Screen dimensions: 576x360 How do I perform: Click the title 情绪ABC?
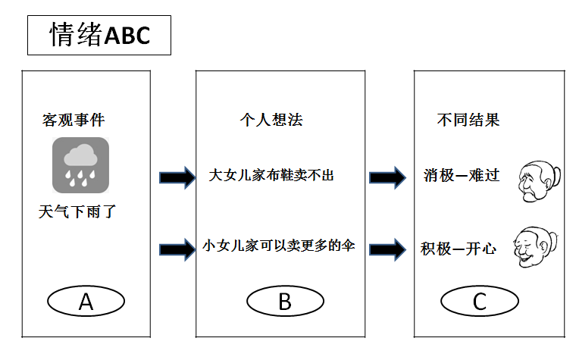point(99,35)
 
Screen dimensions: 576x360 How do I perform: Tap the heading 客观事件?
point(74,120)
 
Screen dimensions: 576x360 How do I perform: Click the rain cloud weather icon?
point(80,165)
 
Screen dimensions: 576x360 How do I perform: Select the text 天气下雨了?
point(77,211)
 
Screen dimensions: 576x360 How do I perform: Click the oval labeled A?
point(86,301)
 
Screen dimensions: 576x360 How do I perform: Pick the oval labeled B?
point(285,301)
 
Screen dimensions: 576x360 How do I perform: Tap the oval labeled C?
point(480,301)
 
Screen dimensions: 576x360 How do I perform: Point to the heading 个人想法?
point(271,120)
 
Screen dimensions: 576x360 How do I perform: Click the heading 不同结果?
point(468,120)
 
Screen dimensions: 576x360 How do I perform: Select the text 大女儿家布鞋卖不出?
point(271,175)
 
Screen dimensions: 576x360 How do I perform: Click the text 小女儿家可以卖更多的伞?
point(278,246)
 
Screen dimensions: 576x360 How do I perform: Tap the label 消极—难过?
point(462,175)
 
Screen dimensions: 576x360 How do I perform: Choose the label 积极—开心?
point(459,249)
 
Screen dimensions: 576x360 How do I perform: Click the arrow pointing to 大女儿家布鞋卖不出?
point(177,178)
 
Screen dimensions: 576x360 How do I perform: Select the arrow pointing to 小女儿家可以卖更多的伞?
point(177,250)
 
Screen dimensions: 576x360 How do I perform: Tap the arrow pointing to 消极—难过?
point(387,178)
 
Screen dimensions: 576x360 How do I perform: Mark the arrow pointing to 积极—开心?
point(387,250)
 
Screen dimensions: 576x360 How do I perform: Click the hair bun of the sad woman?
point(556,176)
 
